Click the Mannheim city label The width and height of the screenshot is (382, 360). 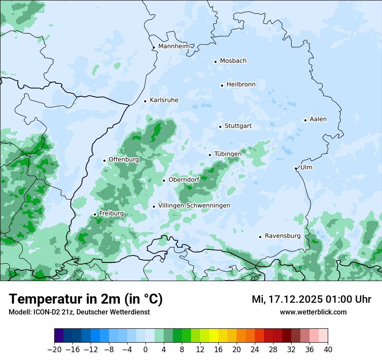point(174,46)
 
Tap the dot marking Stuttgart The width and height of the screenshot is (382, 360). point(220,127)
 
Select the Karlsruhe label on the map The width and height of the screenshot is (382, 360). point(164,100)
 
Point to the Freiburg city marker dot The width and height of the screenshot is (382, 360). point(95,214)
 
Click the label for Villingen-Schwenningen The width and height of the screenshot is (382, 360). point(194,206)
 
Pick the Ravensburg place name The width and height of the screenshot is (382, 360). point(282,236)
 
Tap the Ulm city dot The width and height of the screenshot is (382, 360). point(296,168)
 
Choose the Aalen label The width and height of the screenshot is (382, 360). point(318,119)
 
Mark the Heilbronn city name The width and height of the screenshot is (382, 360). point(240,85)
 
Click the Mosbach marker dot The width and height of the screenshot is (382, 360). point(215,62)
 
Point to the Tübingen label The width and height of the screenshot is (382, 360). point(227,154)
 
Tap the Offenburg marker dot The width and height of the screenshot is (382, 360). point(104,160)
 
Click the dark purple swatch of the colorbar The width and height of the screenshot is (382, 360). point(59,336)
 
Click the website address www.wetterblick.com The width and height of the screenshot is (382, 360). point(313,312)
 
